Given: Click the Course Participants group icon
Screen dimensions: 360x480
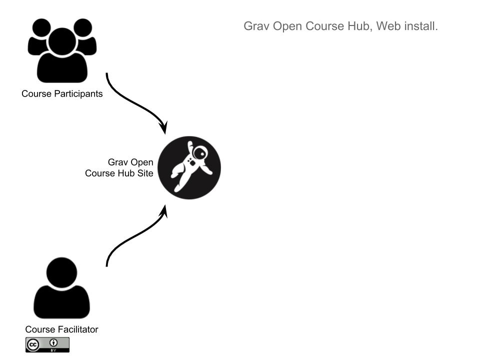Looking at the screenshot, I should point(62,50).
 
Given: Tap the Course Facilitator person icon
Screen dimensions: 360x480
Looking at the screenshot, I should point(61,289).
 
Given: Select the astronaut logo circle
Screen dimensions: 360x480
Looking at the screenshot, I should point(189,168).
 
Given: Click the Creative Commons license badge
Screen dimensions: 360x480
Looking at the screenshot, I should point(47,345).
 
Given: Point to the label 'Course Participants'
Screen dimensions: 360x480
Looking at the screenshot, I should point(62,93).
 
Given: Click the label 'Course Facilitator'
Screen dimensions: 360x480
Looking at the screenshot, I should point(61,329).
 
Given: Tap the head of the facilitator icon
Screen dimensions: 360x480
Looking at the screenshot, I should point(61,272).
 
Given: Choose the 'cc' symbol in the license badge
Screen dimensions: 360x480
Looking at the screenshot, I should point(33,344).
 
